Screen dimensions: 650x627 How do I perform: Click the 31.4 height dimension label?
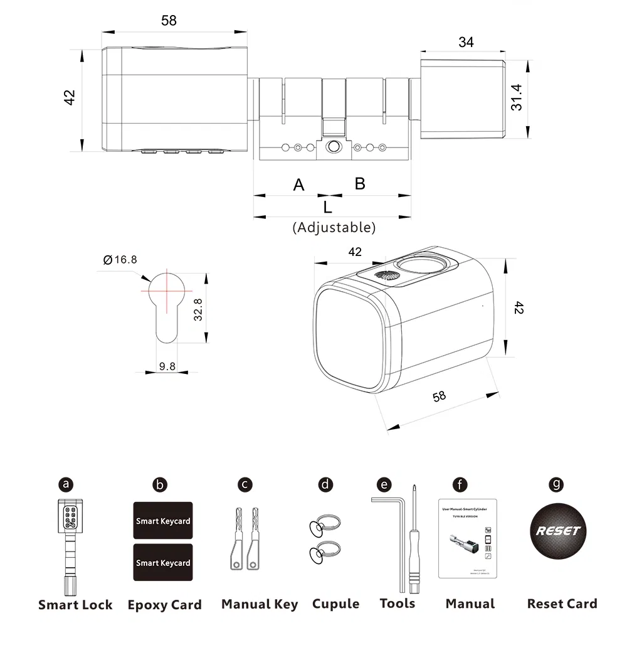(517, 97)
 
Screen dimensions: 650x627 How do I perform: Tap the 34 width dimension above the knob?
(466, 42)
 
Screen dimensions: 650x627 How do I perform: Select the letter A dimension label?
(299, 185)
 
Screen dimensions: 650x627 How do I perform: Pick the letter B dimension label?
(360, 183)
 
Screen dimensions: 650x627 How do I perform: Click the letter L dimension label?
(327, 207)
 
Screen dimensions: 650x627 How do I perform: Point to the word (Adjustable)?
(334, 227)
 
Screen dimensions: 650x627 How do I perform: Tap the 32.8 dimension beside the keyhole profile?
(198, 309)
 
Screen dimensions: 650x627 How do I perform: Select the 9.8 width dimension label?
(167, 366)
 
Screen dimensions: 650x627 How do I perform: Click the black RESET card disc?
(557, 531)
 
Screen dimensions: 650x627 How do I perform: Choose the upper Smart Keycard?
(163, 521)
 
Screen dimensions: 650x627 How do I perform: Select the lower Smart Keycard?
(163, 563)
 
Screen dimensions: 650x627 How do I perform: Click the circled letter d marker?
(325, 484)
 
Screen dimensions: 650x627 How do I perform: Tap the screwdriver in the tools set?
(414, 540)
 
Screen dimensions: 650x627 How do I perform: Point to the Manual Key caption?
(260, 605)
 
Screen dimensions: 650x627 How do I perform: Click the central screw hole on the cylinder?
(333, 147)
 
